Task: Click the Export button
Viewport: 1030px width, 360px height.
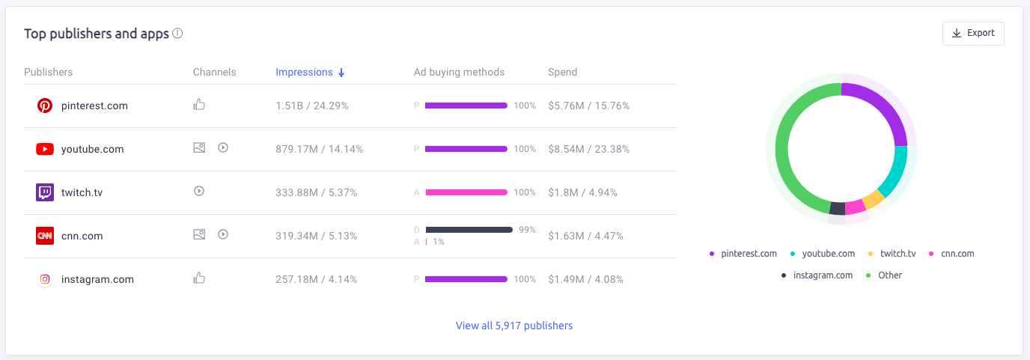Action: coord(973,34)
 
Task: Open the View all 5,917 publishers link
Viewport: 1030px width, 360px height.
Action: coord(514,326)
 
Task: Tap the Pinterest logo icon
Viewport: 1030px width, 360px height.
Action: coord(45,106)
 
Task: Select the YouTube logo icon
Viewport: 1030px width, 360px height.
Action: coord(45,149)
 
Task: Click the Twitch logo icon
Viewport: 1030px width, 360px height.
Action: coord(45,192)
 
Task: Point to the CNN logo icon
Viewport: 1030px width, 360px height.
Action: coord(45,236)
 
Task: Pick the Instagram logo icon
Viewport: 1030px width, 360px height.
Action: coord(45,279)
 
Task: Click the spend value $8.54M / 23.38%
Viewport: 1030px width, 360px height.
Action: coord(588,149)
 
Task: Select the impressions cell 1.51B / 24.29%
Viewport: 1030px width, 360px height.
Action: coord(312,106)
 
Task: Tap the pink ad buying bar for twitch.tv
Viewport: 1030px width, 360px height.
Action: coord(466,192)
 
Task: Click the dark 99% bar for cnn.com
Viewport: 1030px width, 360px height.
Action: coord(469,230)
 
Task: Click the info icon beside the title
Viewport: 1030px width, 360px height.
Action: coord(177,34)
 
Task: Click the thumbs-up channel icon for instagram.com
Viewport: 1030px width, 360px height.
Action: coord(199,278)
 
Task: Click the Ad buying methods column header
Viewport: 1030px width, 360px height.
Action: coord(459,73)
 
